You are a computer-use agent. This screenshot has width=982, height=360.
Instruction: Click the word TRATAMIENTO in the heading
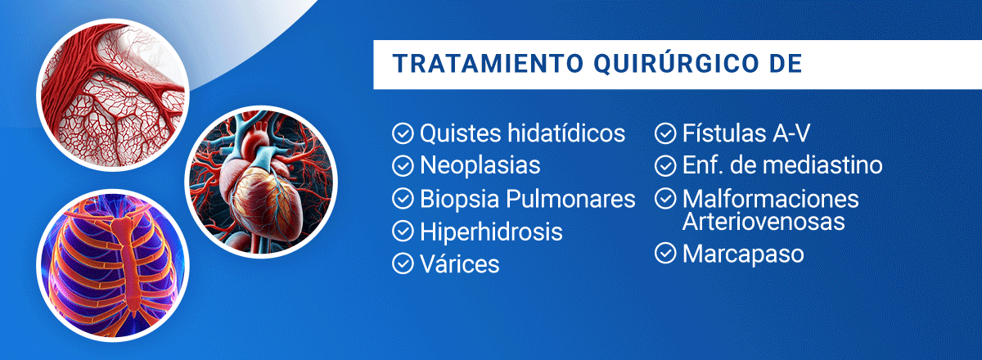(x=488, y=64)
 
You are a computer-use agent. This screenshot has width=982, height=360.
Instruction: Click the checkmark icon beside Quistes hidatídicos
(x=403, y=133)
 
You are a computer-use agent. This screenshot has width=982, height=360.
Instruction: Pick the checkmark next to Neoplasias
(x=403, y=166)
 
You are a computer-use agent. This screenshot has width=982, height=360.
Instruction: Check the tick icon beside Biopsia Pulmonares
(x=403, y=199)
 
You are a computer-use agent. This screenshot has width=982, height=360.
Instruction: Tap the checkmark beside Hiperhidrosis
(x=403, y=231)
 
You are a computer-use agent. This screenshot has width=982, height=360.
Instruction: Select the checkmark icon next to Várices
(x=403, y=264)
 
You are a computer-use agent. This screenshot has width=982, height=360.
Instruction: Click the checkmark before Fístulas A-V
(x=665, y=133)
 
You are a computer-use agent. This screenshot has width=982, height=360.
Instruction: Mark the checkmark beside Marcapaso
(x=665, y=254)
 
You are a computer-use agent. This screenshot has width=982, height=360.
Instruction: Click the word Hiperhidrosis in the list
(x=491, y=232)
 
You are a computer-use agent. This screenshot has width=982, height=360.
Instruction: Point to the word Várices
(x=459, y=263)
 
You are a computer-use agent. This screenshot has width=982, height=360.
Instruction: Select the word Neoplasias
(x=480, y=166)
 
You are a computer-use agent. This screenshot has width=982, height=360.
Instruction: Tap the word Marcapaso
(x=743, y=254)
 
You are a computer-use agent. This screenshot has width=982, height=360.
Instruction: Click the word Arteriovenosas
(x=764, y=222)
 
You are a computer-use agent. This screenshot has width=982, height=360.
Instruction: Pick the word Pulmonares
(x=570, y=199)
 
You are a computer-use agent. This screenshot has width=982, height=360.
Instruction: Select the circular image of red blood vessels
(x=113, y=94)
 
